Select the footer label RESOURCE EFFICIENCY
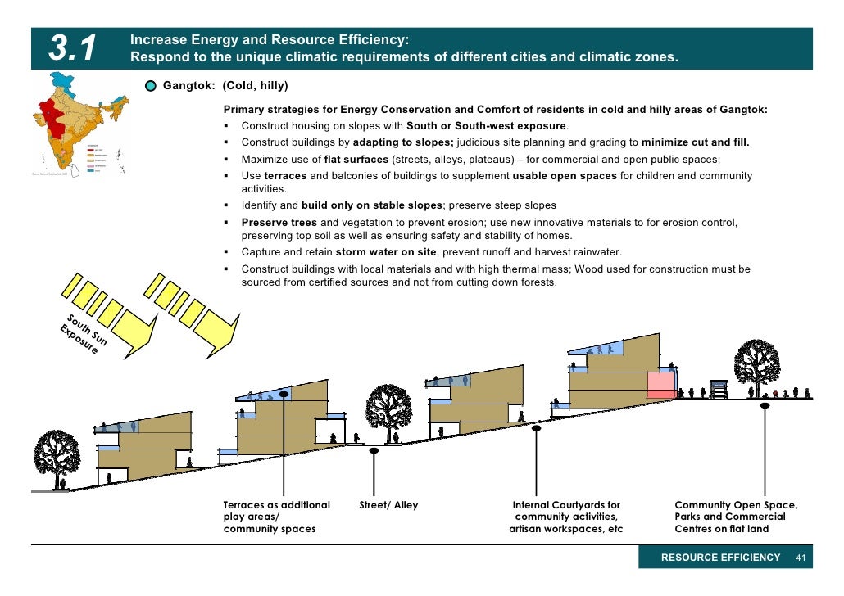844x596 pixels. [x=720, y=558]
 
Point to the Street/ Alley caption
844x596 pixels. [x=388, y=505]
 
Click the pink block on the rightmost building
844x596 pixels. [x=660, y=384]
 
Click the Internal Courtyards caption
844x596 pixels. [x=565, y=517]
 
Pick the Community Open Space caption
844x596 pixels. [x=735, y=517]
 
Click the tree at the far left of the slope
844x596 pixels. [x=57, y=454]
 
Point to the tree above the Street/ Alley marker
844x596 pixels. [x=388, y=407]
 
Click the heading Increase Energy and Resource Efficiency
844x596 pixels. [x=270, y=40]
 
